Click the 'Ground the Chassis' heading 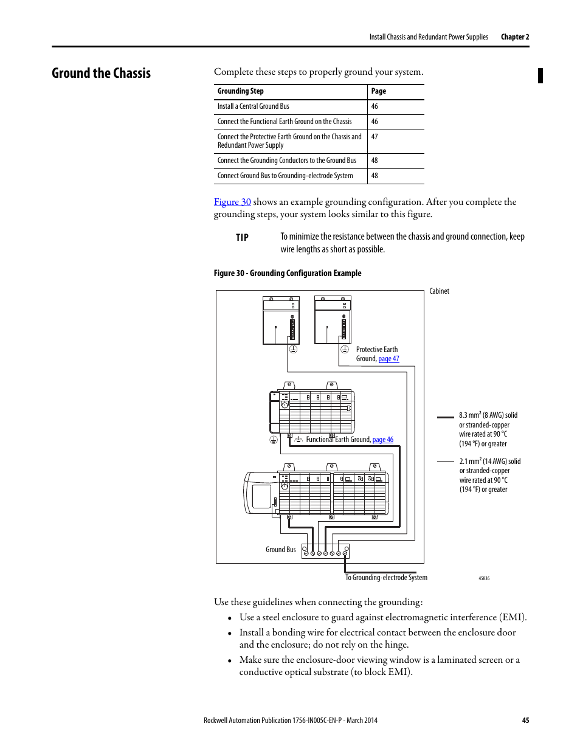(101, 74)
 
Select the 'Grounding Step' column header (241, 91)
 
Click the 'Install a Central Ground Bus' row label (254, 106)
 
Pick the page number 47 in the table (375, 137)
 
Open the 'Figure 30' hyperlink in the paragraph (232, 202)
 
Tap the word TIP (242, 238)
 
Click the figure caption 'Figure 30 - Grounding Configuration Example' (288, 274)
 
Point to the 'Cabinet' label (439, 291)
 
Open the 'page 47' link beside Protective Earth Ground (388, 359)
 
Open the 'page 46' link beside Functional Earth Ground (382, 440)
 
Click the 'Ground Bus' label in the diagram (280, 550)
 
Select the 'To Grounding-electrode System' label (386, 578)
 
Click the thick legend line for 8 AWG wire (446, 417)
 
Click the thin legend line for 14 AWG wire (446, 462)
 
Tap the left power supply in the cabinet (281, 320)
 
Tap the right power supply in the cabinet (333, 320)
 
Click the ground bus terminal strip (325, 552)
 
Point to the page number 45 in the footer (525, 721)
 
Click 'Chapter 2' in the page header (515, 37)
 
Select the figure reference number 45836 (484, 579)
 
